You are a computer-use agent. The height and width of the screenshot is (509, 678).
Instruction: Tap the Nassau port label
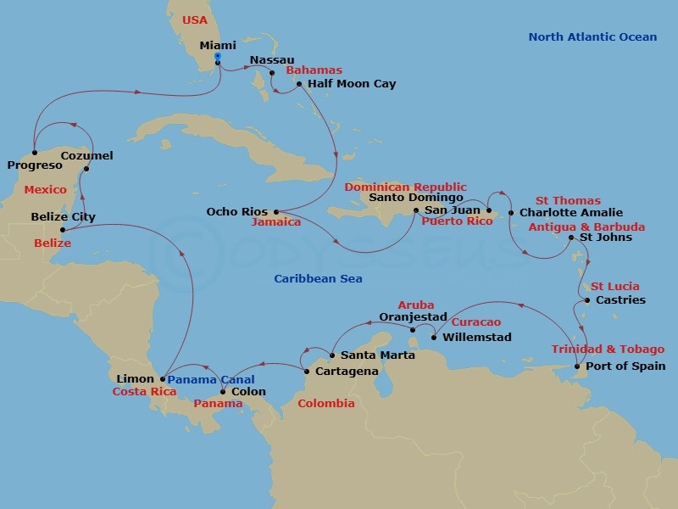click(x=271, y=60)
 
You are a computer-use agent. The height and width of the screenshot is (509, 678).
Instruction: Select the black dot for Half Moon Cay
click(x=299, y=84)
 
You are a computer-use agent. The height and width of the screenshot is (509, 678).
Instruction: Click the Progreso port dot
click(x=34, y=154)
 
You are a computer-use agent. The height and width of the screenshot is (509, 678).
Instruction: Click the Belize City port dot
click(x=62, y=229)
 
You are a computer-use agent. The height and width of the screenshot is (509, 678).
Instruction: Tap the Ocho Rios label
click(x=237, y=211)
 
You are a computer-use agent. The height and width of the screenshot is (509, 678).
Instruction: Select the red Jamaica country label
click(x=276, y=222)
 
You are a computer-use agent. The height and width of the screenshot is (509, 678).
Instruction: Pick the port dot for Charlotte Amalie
click(x=511, y=212)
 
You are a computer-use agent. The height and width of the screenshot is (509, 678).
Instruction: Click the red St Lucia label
click(x=615, y=287)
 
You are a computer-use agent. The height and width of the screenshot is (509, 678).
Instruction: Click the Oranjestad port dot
click(x=412, y=329)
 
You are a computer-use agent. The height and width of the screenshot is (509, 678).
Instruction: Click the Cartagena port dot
click(x=306, y=370)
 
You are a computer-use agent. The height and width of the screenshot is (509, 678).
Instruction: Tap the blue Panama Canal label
click(x=209, y=379)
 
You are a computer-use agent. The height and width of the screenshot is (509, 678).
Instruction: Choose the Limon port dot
click(x=163, y=379)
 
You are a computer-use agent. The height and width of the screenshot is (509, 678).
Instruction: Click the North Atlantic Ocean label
click(x=592, y=36)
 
